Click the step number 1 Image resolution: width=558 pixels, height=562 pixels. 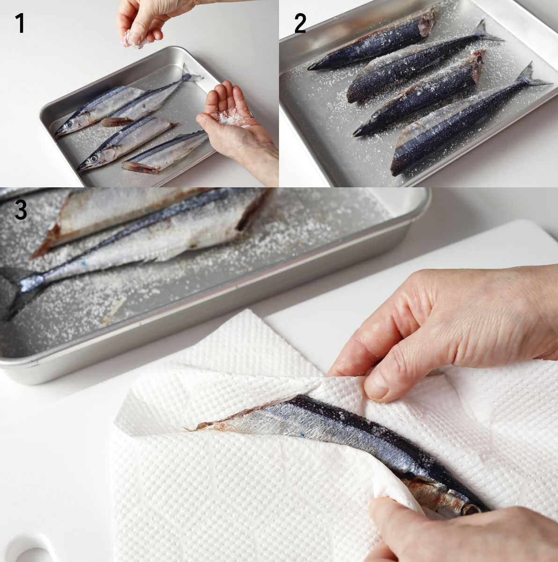(x=20, y=23)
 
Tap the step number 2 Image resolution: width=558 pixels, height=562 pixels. (x=300, y=23)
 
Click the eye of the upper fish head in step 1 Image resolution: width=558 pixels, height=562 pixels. (x=69, y=124)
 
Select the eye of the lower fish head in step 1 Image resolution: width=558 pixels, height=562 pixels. (x=94, y=159)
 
